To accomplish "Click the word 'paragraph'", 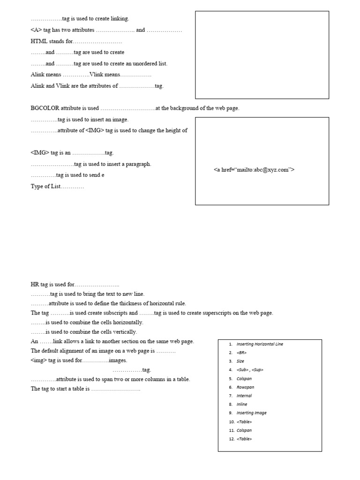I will (x=138, y=164).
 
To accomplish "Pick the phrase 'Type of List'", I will (x=46, y=187).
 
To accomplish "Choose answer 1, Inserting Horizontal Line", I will (x=260, y=344).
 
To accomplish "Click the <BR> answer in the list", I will (x=241, y=352).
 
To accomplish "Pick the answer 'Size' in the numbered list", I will (x=240, y=361).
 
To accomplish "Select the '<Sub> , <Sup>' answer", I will (x=250, y=370).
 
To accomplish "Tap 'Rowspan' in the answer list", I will (x=244, y=387).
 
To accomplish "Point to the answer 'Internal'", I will (x=244, y=396).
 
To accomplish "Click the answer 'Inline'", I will (x=242, y=404).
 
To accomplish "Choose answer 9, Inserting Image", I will (x=251, y=413).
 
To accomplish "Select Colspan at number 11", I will (x=244, y=430).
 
